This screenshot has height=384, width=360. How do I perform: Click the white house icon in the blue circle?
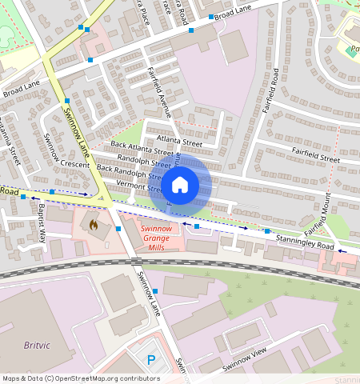click(180, 185)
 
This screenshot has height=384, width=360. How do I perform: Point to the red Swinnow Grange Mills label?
click(159, 238)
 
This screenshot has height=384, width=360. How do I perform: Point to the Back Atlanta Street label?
click(142, 147)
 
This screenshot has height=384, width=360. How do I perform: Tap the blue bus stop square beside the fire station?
click(118, 229)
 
